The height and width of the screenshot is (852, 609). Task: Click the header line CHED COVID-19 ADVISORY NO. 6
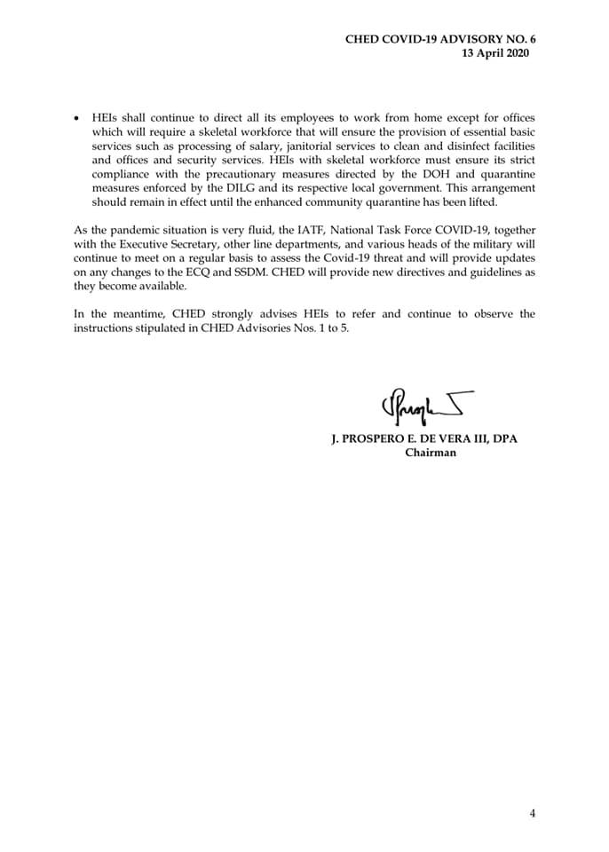[x=441, y=40]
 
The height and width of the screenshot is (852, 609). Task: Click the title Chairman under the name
[x=431, y=452]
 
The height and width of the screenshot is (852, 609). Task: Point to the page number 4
[x=533, y=813]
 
